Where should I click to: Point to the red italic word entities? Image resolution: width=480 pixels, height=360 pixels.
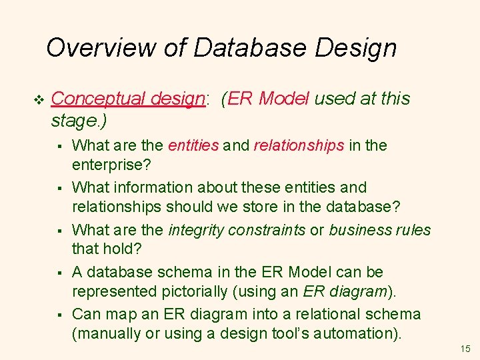click(193, 145)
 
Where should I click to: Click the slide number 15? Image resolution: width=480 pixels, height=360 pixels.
click(465, 349)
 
